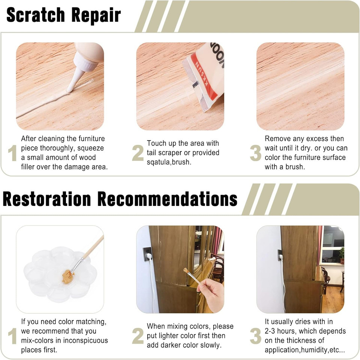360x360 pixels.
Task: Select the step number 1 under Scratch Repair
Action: [12, 153]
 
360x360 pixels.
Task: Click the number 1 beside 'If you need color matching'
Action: [12, 336]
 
